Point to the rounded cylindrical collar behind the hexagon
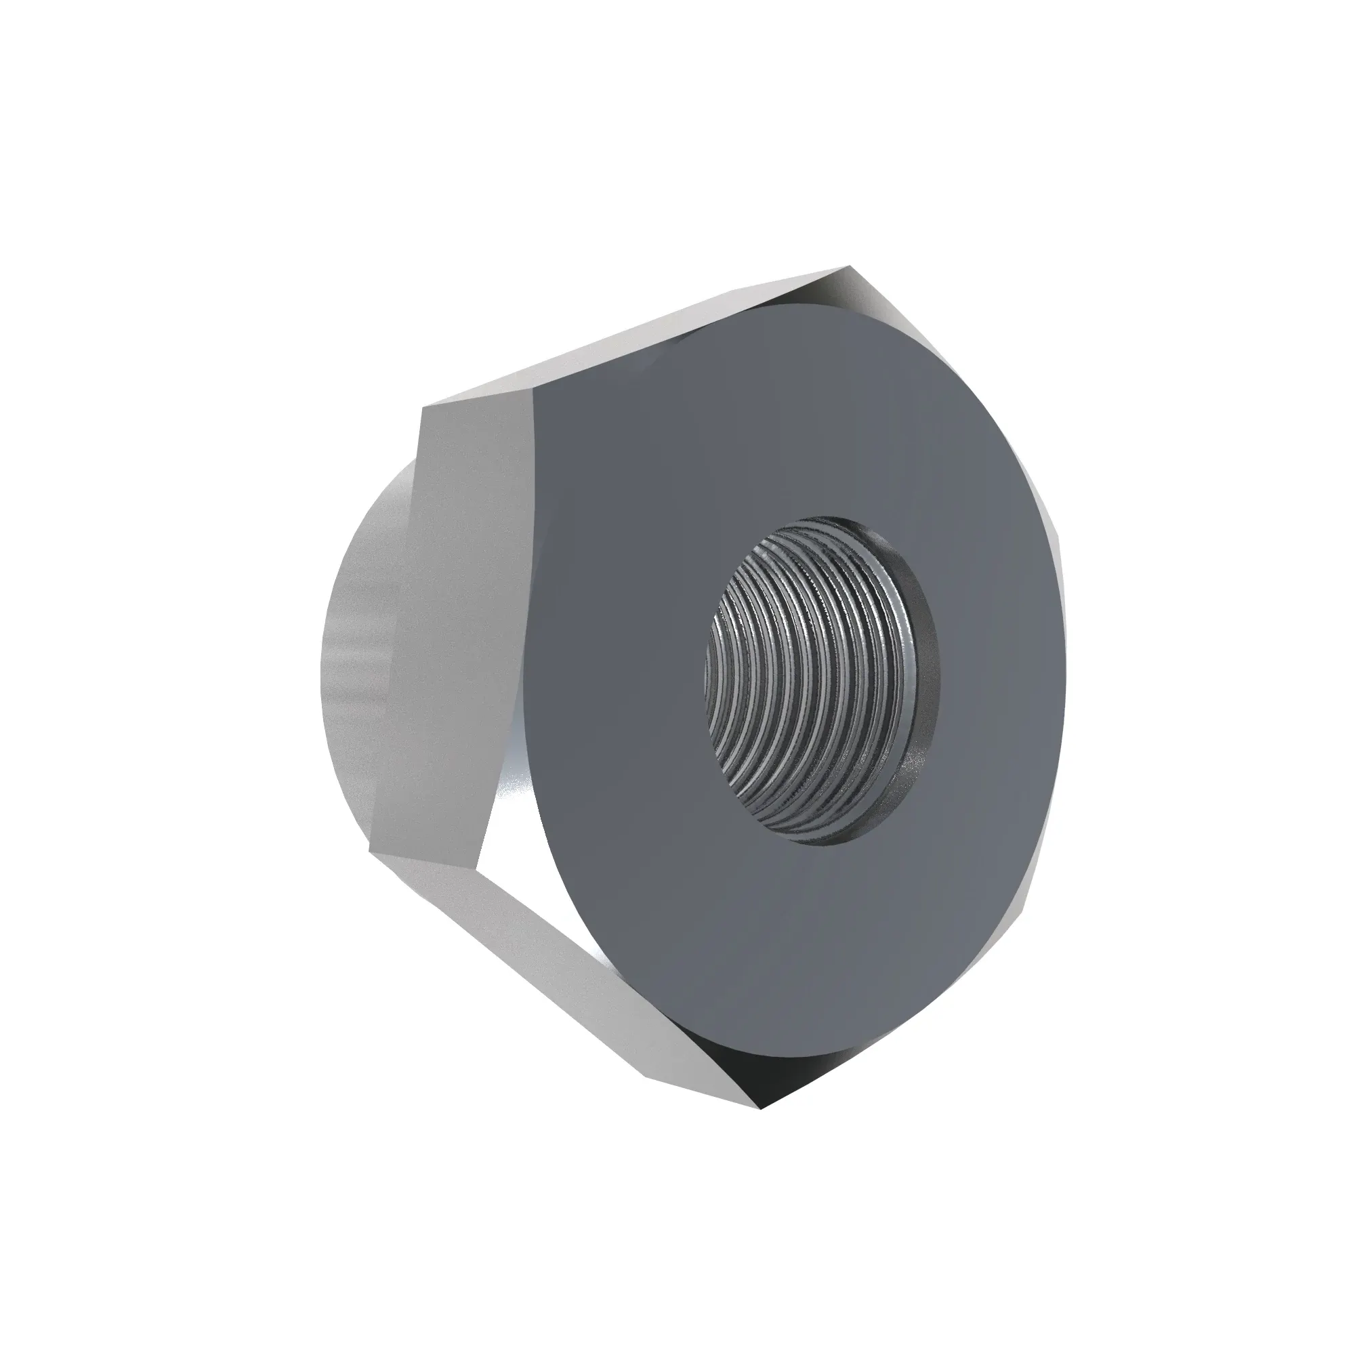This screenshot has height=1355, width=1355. (351, 631)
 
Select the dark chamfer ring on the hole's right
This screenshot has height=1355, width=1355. (924, 673)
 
